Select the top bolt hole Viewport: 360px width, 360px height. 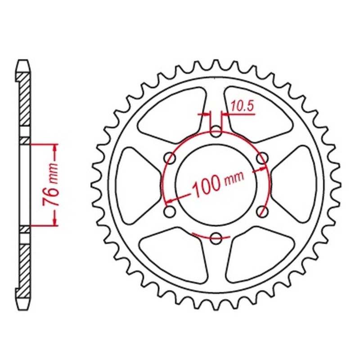coord(216,132)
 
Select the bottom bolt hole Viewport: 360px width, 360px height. coord(216,237)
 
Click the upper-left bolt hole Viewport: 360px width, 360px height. coord(170,158)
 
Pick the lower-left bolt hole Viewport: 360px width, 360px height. coord(170,211)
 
